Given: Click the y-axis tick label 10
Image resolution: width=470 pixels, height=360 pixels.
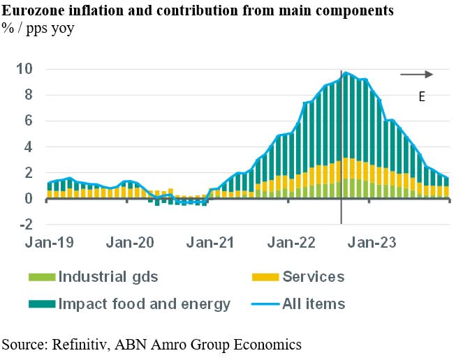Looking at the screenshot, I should tap(25, 69).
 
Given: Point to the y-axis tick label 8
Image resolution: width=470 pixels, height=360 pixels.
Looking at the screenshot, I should tap(29, 95).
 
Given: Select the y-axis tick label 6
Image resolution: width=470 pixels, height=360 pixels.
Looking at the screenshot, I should tap(29, 121).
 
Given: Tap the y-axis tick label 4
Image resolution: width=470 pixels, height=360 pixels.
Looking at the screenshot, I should tap(29, 147).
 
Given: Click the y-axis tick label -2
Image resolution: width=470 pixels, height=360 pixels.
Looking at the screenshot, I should tap(26, 224).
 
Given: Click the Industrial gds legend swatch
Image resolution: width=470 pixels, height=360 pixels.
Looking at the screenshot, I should tap(41, 277).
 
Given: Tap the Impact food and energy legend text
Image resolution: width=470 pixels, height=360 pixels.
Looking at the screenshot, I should tap(145, 304).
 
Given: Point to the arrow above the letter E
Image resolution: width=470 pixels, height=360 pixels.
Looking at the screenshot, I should tap(417, 74).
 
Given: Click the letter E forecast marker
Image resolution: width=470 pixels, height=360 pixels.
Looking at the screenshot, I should tap(422, 97).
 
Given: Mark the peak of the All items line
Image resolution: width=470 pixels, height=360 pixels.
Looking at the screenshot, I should tap(346, 73).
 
